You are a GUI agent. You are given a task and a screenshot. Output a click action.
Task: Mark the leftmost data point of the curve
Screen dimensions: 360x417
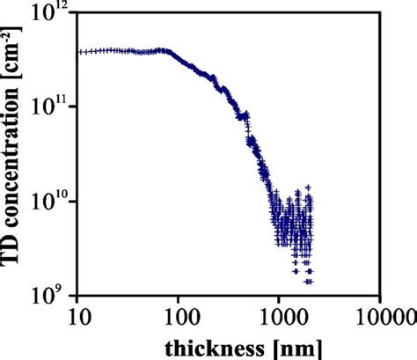[x=79, y=52]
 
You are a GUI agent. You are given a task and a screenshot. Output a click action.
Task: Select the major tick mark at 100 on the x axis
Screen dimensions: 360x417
[x=179, y=294]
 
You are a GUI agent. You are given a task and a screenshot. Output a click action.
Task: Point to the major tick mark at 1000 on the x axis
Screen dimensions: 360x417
[x=280, y=294]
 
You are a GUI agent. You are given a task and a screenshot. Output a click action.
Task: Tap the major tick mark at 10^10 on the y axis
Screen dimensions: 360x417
[x=81, y=202]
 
